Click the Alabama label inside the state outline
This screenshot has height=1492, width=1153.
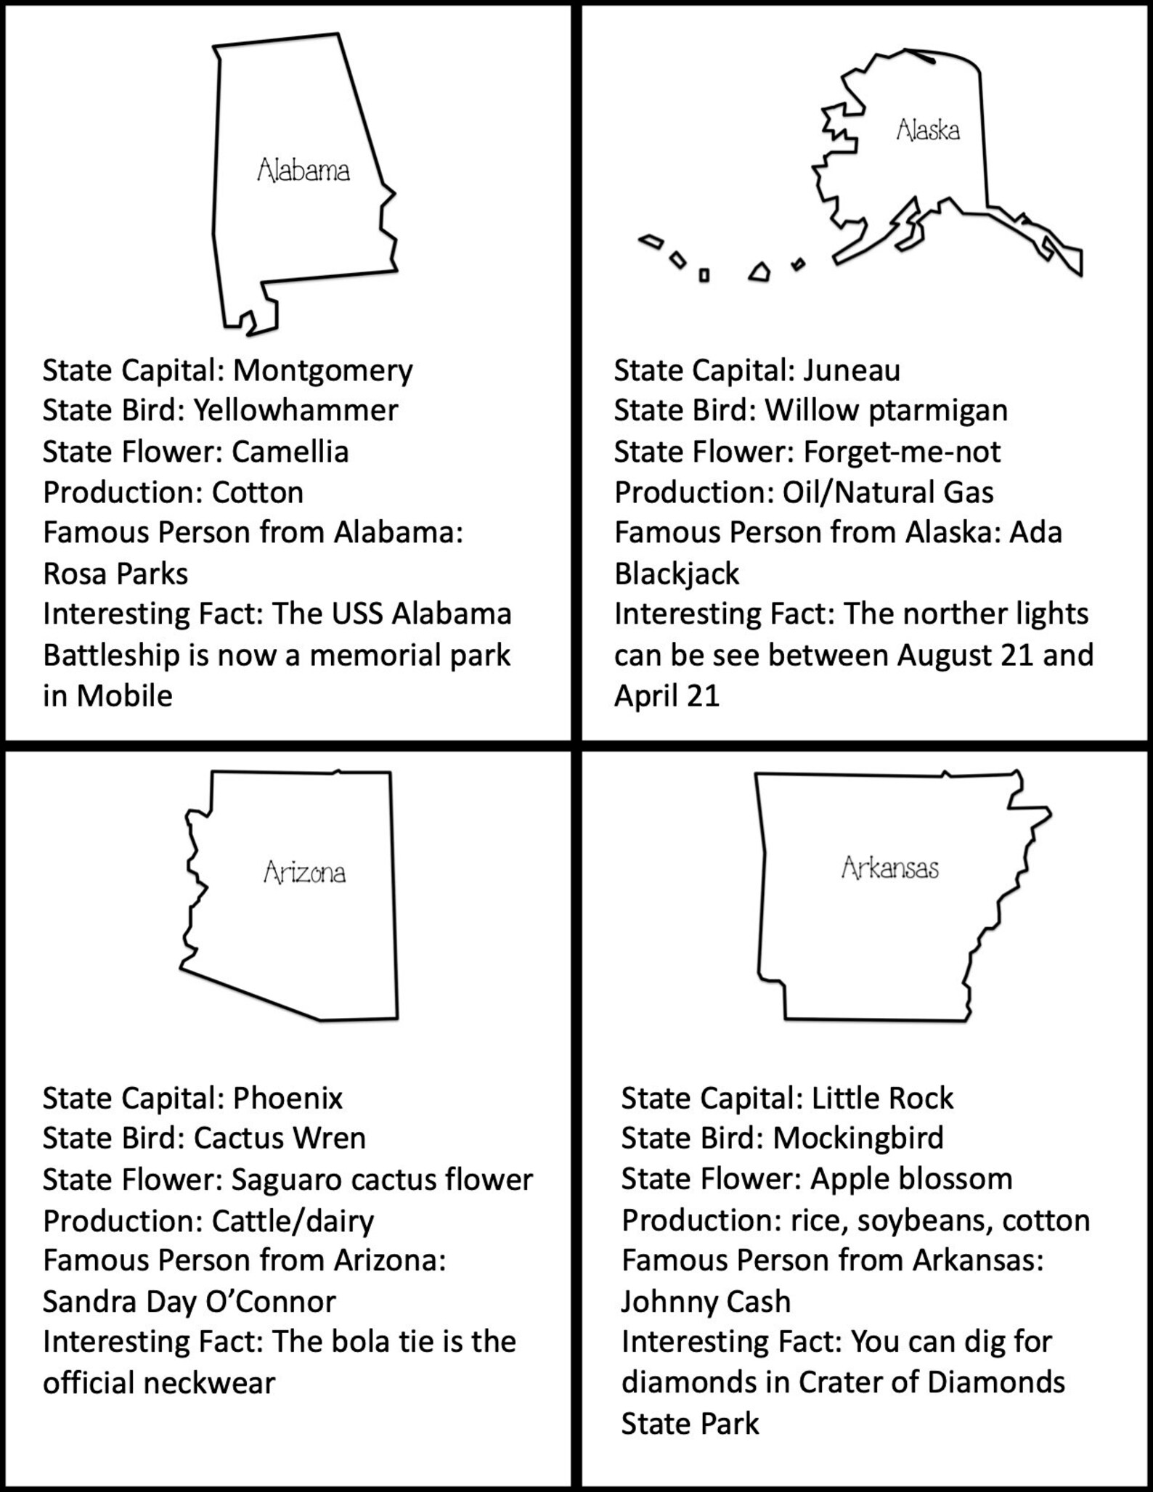point(303,171)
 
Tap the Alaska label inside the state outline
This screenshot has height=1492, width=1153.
point(928,130)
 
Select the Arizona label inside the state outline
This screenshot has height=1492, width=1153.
point(304,872)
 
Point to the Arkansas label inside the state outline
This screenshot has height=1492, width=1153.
point(889,868)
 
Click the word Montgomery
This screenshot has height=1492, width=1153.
point(322,371)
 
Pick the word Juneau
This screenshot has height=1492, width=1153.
point(852,370)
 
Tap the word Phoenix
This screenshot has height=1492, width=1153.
point(288,1098)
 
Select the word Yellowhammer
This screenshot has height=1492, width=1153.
point(296,411)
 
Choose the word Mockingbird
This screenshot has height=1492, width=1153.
point(858,1138)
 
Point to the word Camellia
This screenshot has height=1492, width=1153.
point(290,452)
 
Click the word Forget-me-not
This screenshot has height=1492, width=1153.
point(902,452)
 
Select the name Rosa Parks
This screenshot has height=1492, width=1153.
point(115,574)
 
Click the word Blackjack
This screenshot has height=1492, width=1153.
point(677,574)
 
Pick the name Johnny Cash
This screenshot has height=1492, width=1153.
point(706,1301)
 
